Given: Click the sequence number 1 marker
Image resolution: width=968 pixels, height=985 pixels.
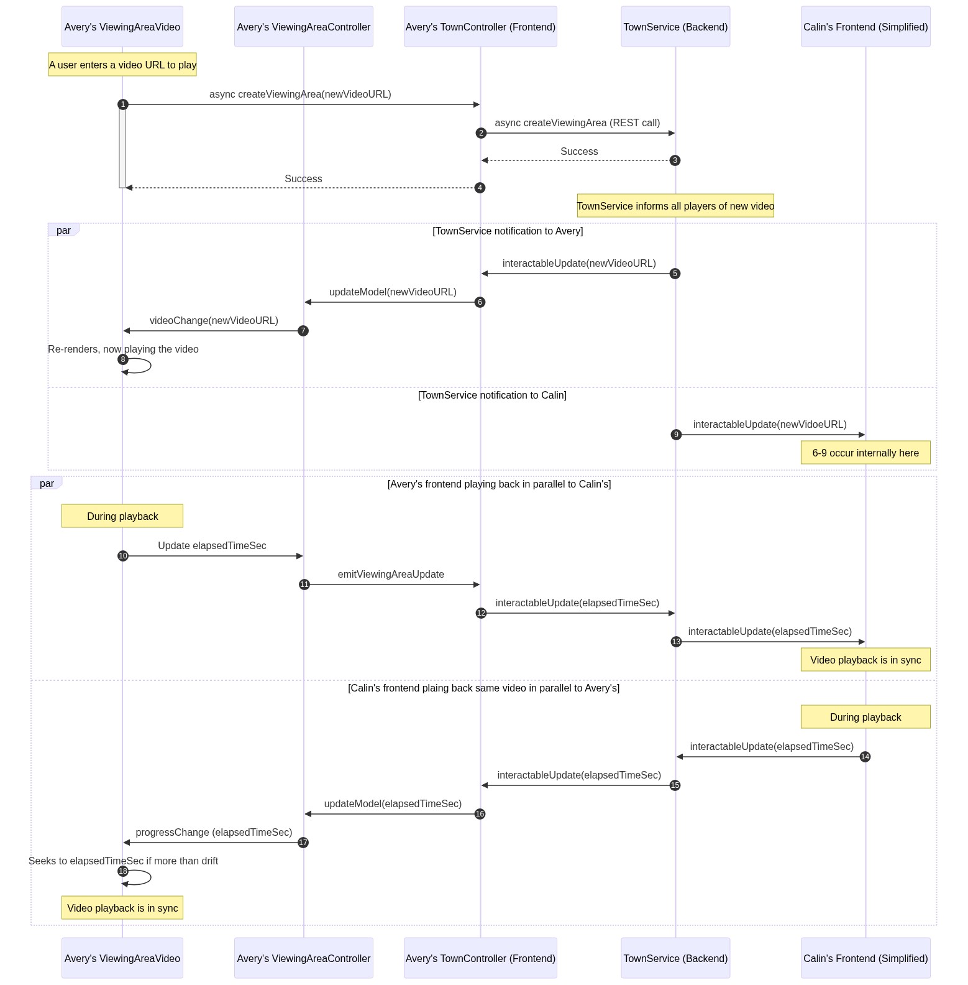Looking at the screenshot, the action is click(123, 104).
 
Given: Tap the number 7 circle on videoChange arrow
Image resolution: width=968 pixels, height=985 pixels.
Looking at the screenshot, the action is click(303, 331).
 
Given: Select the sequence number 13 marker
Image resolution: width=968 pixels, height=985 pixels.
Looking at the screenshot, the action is click(676, 642).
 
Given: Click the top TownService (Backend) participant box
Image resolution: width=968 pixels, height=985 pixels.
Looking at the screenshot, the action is click(675, 27).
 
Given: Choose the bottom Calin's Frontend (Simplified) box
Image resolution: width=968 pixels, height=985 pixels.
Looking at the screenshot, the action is click(865, 958).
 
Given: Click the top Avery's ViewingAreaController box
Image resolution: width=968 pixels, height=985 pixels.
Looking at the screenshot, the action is click(304, 27).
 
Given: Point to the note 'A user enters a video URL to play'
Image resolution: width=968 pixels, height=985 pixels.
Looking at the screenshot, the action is click(122, 65).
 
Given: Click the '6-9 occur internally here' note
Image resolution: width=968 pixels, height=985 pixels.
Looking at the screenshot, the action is click(865, 453).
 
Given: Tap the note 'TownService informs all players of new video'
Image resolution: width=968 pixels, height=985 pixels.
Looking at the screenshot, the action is click(675, 206).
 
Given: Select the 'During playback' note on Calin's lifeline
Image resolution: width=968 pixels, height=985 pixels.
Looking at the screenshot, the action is click(865, 717).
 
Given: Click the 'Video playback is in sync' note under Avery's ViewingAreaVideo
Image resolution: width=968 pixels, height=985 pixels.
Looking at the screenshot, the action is click(122, 908).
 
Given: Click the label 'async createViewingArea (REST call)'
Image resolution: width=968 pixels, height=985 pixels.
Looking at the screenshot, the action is click(577, 123).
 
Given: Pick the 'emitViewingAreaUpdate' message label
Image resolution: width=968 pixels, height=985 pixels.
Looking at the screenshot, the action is click(391, 575).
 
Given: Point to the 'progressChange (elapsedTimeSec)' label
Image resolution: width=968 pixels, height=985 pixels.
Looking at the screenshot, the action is click(214, 833).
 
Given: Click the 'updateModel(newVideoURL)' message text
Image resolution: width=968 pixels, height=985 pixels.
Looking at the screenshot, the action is click(393, 292).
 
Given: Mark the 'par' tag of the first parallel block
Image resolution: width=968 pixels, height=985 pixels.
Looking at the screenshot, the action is click(63, 230).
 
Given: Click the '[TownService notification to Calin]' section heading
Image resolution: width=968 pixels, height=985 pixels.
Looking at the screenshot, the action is click(492, 395).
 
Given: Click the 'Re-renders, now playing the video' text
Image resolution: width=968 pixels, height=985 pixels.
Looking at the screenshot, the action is click(123, 349).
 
